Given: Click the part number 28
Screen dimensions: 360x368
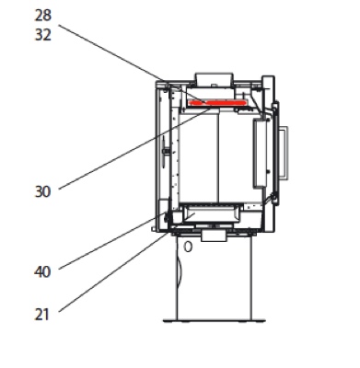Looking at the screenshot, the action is point(42,16).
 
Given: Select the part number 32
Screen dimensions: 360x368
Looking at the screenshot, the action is point(42,35).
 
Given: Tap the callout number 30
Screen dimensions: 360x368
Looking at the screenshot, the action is point(42,192).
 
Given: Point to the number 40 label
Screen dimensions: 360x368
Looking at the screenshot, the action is point(42,272).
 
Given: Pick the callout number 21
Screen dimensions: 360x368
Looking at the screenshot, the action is point(42,315).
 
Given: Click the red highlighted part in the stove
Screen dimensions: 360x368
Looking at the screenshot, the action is point(217,103).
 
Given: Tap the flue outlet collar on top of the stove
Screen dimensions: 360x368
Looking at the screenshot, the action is point(215,80).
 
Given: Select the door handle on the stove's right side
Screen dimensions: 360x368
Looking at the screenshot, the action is point(284,153).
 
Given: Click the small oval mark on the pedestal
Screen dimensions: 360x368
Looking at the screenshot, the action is point(188,247).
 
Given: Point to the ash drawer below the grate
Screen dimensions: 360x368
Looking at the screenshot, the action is point(211,213).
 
